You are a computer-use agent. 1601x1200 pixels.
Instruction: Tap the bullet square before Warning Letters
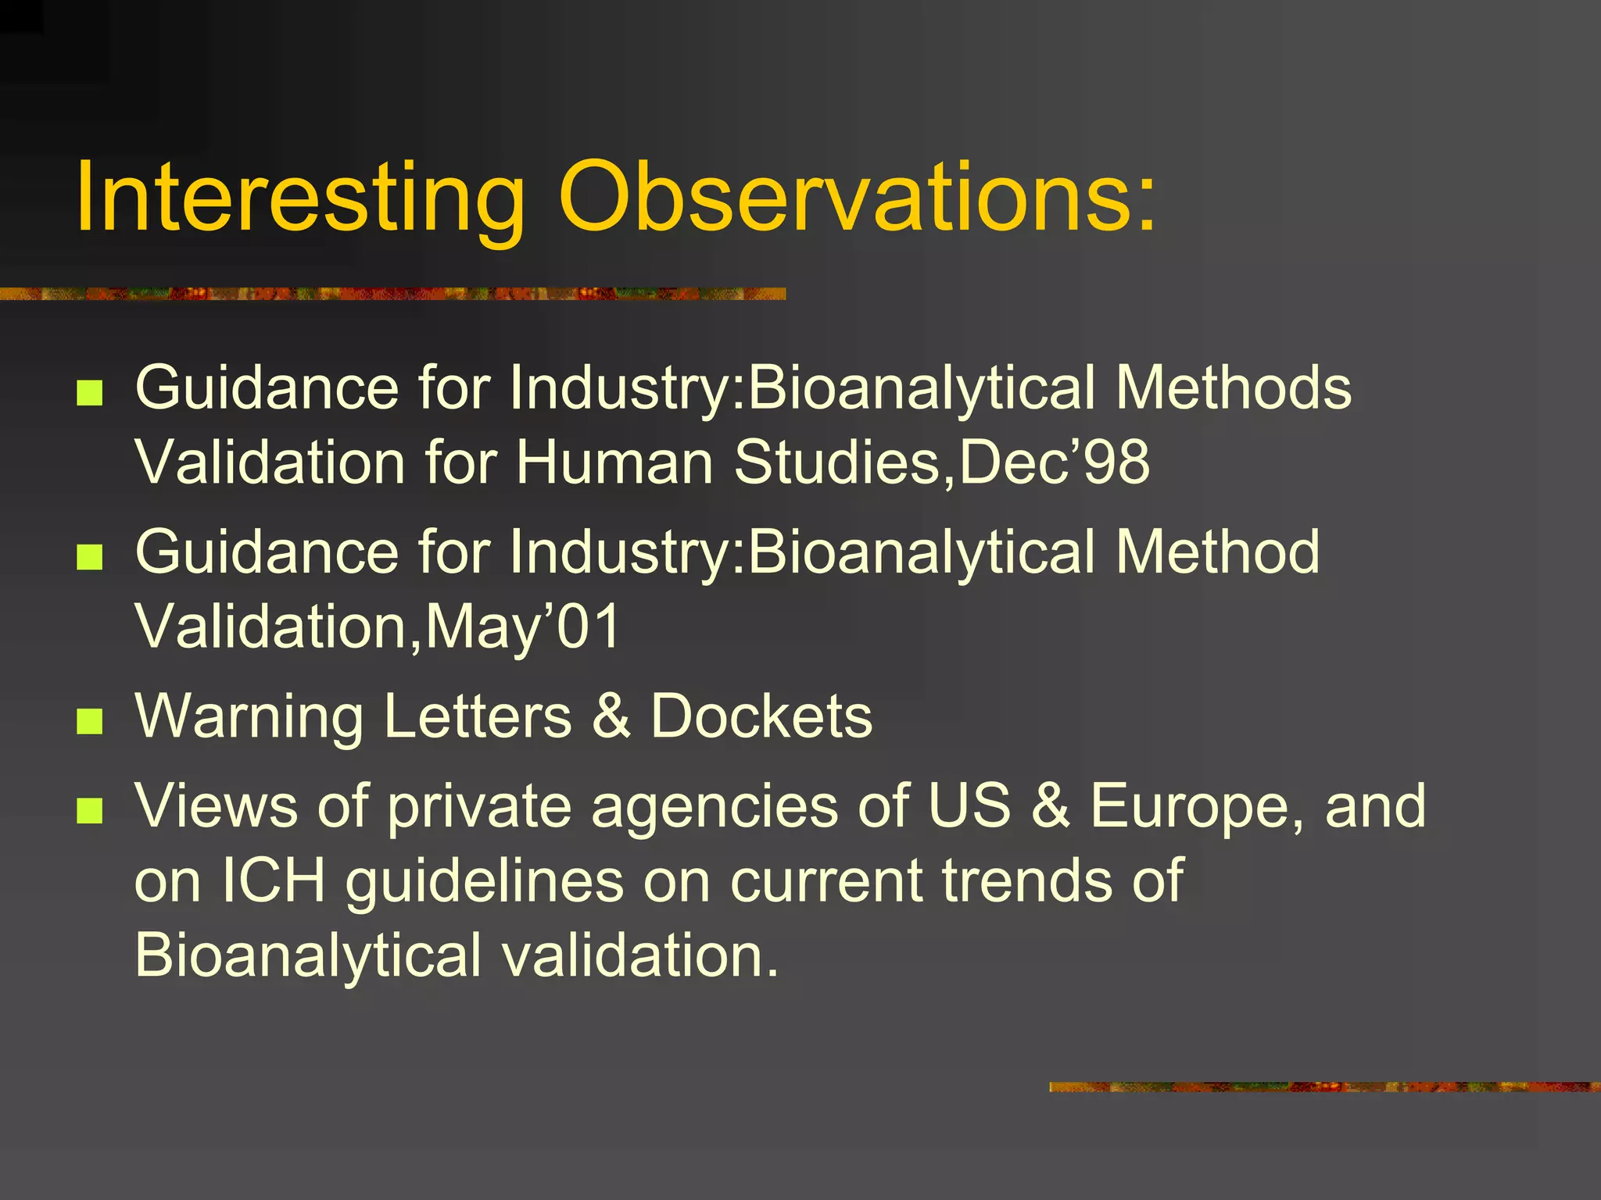pyautogui.click(x=90, y=721)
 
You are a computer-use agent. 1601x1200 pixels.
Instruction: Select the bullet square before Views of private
pyautogui.click(x=90, y=810)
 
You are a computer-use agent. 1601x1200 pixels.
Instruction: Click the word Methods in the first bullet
pyautogui.click(x=1233, y=387)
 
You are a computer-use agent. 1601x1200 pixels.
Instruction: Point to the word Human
pyautogui.click(x=614, y=462)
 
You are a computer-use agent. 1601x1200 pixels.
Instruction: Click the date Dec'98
pyautogui.click(x=1055, y=462)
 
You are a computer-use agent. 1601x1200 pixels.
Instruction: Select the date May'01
pyautogui.click(x=523, y=626)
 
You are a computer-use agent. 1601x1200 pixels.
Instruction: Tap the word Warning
pyautogui.click(x=249, y=716)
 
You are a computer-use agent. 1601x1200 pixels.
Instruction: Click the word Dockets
pyautogui.click(x=761, y=716)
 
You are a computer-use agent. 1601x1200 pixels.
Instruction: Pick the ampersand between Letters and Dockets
pyautogui.click(x=611, y=716)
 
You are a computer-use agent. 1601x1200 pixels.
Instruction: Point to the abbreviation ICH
pyautogui.click(x=274, y=880)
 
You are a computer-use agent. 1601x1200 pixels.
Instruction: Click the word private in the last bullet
pyautogui.click(x=479, y=807)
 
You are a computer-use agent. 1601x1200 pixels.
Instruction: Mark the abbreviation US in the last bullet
pyautogui.click(x=969, y=805)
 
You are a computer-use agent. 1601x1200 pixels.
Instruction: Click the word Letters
pyautogui.click(x=478, y=716)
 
